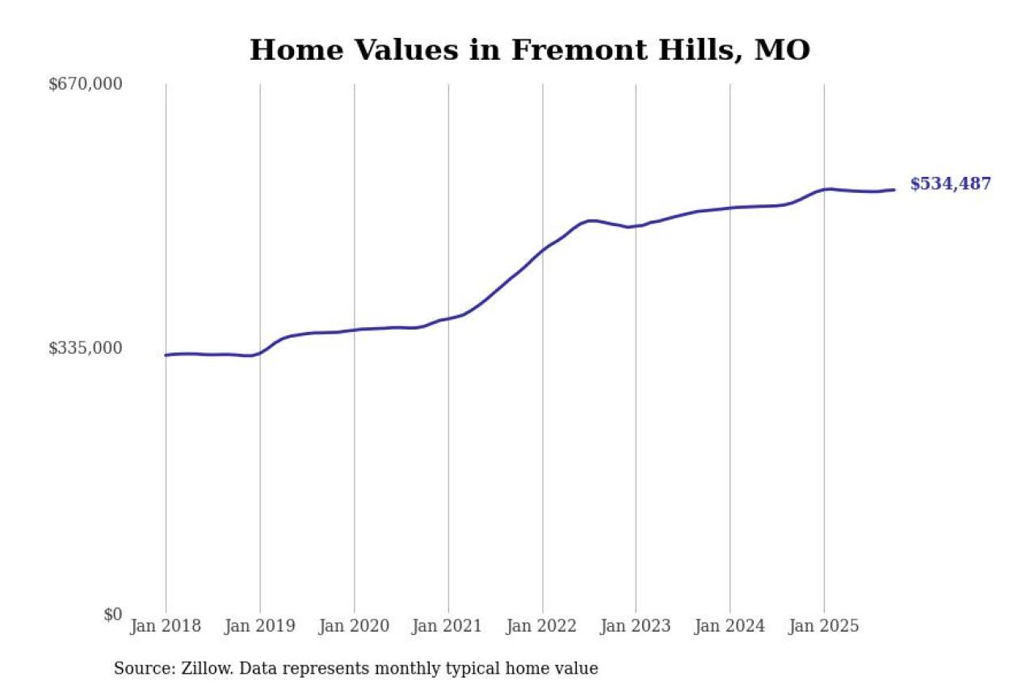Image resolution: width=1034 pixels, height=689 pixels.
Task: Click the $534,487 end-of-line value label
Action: [950, 184]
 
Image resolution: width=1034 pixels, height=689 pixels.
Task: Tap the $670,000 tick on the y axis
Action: [86, 84]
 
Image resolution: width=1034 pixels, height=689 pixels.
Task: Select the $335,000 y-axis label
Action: [86, 348]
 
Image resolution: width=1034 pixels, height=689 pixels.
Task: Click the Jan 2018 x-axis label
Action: [166, 627]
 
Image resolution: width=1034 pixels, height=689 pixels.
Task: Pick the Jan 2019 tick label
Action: [259, 627]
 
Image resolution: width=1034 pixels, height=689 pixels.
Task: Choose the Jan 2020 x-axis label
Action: [354, 627]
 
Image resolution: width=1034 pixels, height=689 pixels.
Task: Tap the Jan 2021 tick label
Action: [448, 627]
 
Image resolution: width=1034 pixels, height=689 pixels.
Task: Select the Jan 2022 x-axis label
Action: [542, 627]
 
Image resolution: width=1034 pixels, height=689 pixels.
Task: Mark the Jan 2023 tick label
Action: [636, 627]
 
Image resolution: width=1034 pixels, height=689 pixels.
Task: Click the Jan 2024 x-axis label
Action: [730, 627]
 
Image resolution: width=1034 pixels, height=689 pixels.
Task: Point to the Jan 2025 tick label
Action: [824, 627]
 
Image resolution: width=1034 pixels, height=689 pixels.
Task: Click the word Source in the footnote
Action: [140, 669]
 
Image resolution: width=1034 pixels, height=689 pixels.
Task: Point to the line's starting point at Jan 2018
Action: [166, 355]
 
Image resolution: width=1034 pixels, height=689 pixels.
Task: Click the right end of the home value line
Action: [893, 190]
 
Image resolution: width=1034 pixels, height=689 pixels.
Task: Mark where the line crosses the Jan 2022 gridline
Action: [542, 250]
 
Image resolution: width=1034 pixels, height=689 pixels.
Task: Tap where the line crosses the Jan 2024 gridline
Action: [730, 208]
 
